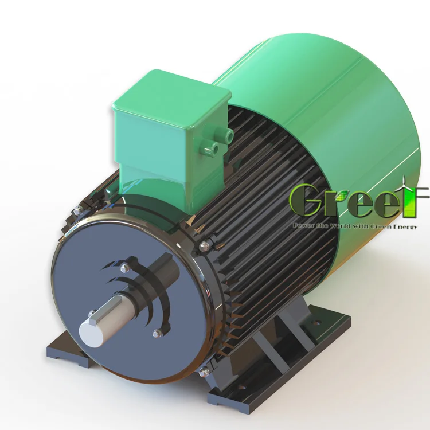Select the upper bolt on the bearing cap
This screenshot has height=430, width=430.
[x=124, y=267]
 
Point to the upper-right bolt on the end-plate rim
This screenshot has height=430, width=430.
[x=204, y=247]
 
